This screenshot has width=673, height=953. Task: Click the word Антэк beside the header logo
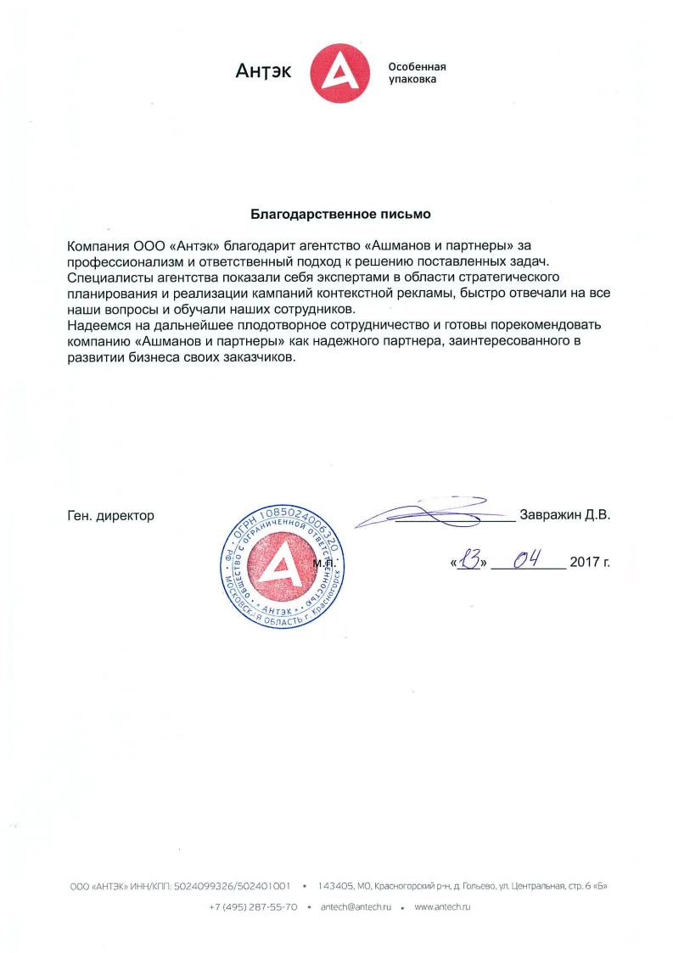tap(263, 71)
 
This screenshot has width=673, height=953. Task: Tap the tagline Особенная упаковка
tap(417, 72)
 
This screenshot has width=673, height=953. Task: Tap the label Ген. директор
tap(110, 515)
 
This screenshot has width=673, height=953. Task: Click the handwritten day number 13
tap(469, 560)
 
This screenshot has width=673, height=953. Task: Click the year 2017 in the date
tap(585, 562)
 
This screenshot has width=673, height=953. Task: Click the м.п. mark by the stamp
tap(324, 563)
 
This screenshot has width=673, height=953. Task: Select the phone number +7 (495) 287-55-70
tap(253, 907)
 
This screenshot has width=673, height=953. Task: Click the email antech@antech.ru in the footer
tap(356, 907)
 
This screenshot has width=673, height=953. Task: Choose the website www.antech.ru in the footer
tap(442, 907)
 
